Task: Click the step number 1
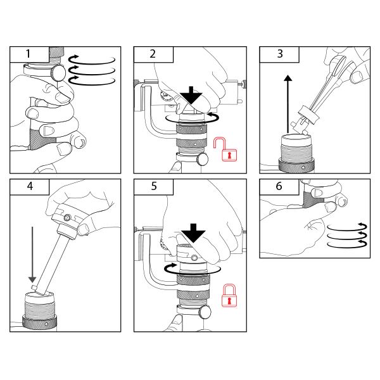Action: pos(28,54)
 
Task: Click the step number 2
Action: pos(153,54)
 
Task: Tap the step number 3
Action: pos(280,54)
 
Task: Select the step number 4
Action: pos(30,186)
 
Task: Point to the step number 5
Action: pos(154,186)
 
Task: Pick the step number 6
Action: pos(279,186)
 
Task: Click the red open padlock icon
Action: pos(225,149)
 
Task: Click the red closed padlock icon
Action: pos(229,295)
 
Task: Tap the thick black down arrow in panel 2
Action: pos(191,95)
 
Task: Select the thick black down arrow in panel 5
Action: pos(193,233)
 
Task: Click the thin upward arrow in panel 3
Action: pos(288,104)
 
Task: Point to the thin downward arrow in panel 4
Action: pos(32,255)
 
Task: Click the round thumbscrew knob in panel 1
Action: pos(58,72)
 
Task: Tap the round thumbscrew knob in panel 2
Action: pos(203,159)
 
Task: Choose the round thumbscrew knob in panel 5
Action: pos(205,312)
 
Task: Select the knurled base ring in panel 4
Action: pos(39,322)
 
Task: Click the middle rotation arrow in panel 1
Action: pos(92,70)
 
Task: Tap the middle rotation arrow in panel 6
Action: pos(347,235)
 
